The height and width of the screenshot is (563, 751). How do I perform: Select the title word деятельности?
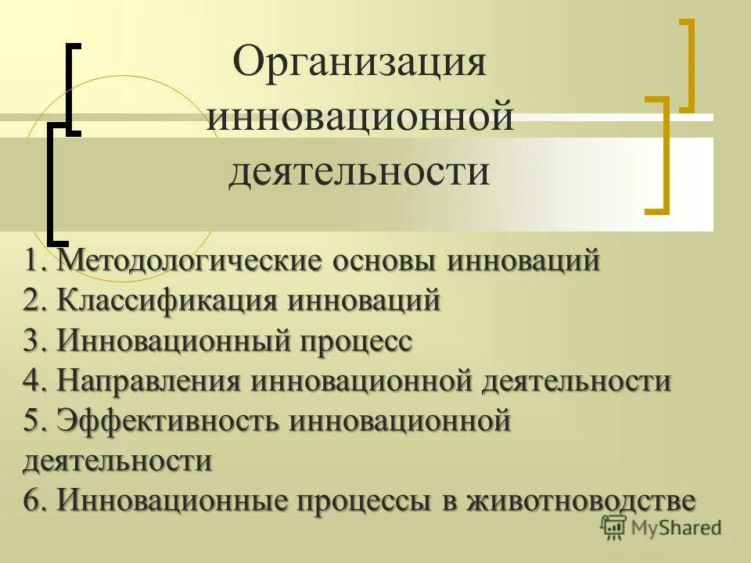click(x=359, y=171)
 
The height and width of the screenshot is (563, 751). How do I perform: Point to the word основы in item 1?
click(x=386, y=260)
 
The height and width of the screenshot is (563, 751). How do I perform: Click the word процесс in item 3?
click(x=356, y=342)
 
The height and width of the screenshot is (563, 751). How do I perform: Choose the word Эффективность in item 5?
click(x=168, y=422)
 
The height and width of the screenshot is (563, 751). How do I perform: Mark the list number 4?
click(x=32, y=382)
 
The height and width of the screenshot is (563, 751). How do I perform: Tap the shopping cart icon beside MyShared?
click(x=614, y=527)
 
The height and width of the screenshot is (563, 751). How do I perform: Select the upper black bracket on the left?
click(x=73, y=88)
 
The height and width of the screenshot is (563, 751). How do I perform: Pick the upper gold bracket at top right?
click(x=688, y=65)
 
